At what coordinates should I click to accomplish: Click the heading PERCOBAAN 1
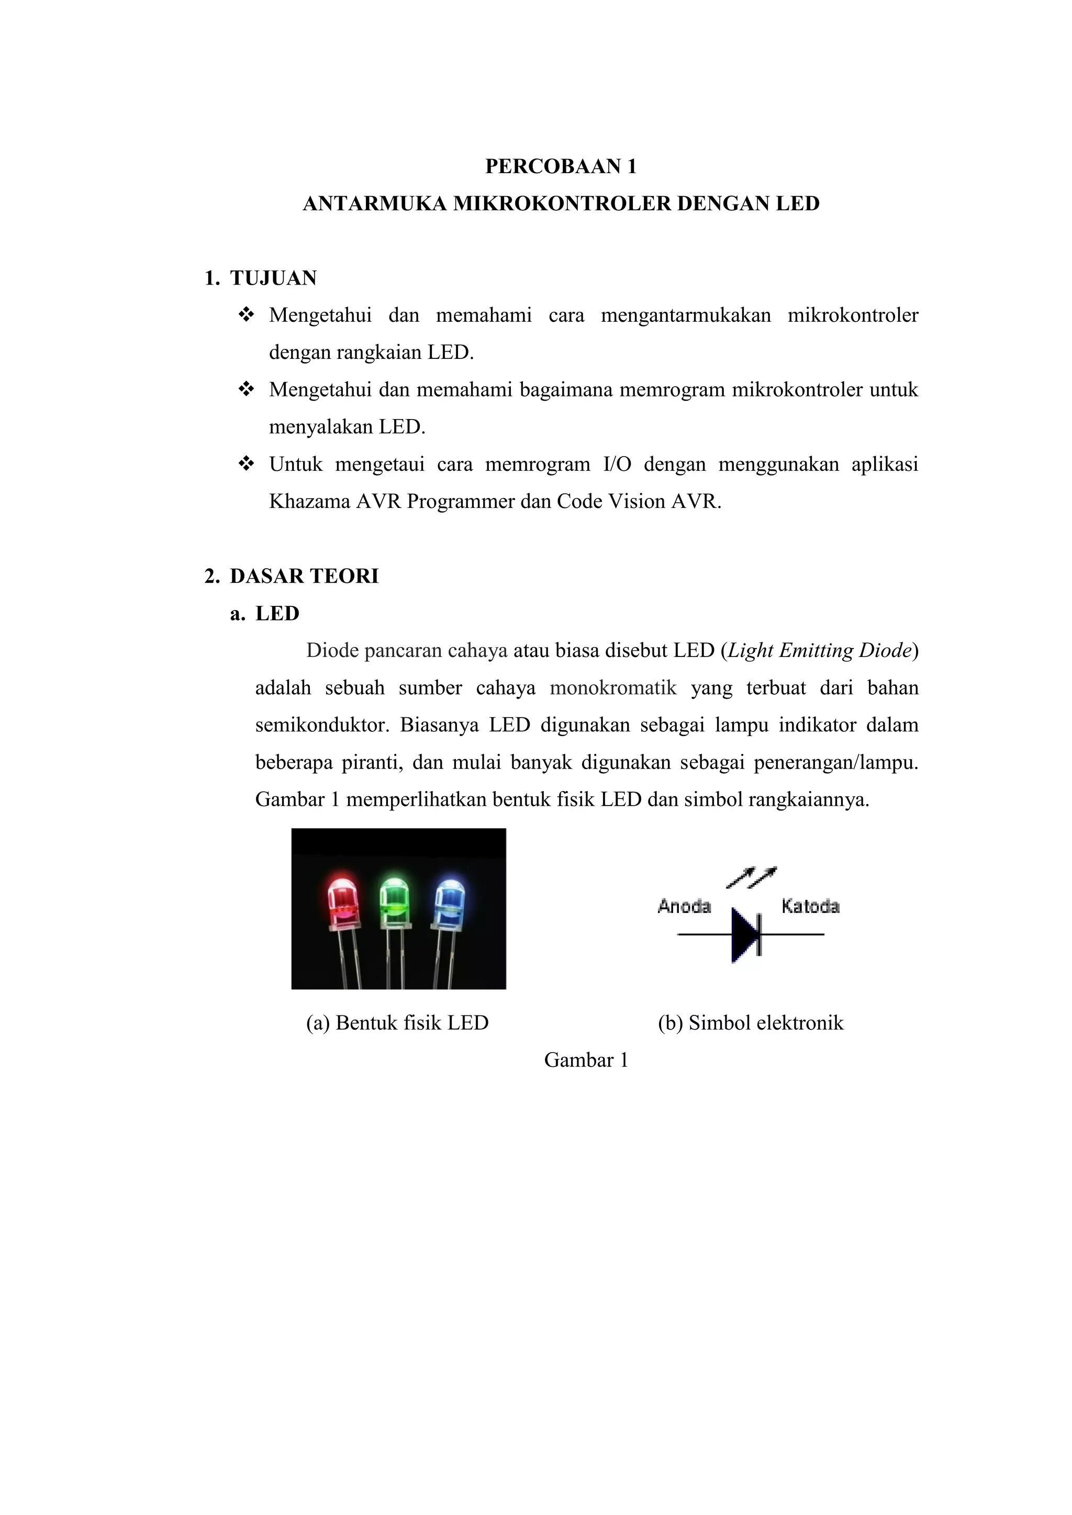click(x=561, y=166)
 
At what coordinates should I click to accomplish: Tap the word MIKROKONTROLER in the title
click(x=561, y=204)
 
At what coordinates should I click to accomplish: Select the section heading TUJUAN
click(x=273, y=278)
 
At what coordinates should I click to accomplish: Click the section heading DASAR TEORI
click(x=304, y=576)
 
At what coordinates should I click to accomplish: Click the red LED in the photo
click(x=343, y=901)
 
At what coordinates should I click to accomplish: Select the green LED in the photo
click(x=394, y=901)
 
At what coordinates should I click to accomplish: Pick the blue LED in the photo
click(x=449, y=901)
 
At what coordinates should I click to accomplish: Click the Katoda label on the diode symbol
click(x=810, y=907)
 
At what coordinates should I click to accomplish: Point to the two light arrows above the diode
click(x=751, y=877)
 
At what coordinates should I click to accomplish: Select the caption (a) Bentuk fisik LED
click(x=397, y=1023)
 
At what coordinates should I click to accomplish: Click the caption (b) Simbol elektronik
click(x=751, y=1023)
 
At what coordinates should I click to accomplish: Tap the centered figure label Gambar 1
click(x=586, y=1060)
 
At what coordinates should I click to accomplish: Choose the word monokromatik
click(x=613, y=688)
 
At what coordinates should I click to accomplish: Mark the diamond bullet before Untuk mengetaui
click(x=245, y=465)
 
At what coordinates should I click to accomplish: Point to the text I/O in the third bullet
click(x=617, y=465)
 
